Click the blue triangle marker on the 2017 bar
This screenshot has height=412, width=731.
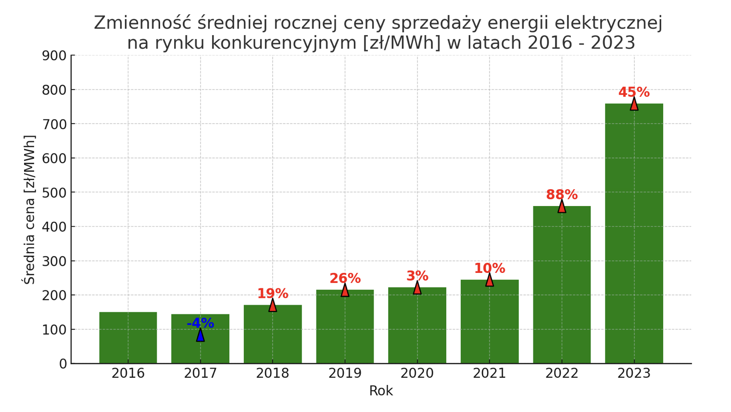coord(201,335)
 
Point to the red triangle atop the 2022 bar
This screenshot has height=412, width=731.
coord(562,206)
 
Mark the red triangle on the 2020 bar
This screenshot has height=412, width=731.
coord(417,288)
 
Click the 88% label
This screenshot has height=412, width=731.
coord(562,195)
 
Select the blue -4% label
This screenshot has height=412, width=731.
coord(200,323)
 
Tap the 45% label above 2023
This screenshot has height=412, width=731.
coord(634,92)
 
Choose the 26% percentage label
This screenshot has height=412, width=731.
coord(345,278)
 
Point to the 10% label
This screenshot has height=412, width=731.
coord(490,269)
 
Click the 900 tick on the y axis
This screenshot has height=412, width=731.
coord(54,56)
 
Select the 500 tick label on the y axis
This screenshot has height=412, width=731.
coord(54,193)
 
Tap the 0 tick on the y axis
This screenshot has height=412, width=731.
coord(63,364)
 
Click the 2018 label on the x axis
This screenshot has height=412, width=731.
coord(273,373)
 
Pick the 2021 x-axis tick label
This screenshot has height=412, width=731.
coord(490,373)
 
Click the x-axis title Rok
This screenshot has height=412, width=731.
coord(381,391)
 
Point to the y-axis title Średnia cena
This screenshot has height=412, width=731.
coord(30,210)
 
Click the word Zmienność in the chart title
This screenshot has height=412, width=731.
coord(142,23)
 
